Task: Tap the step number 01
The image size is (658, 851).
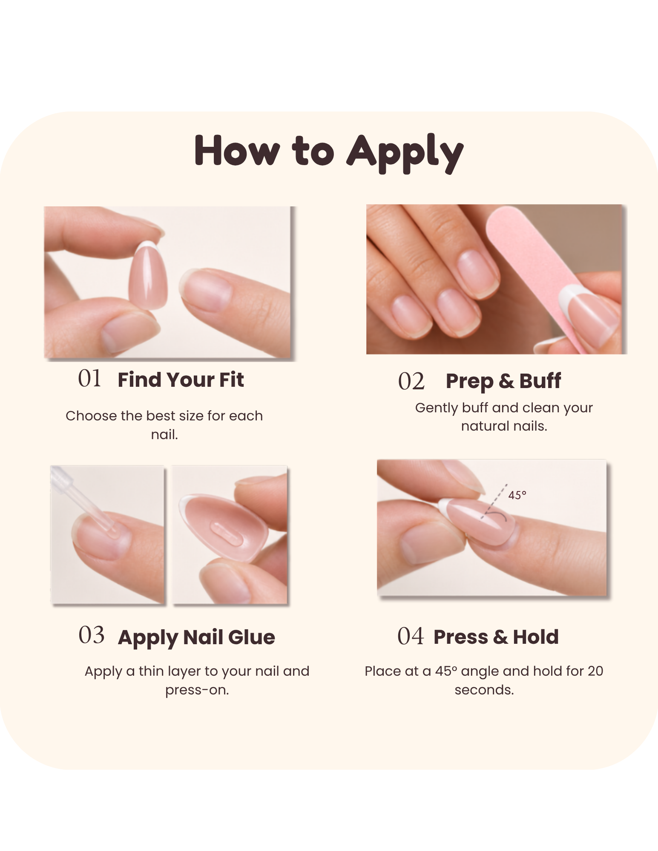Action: coord(89,378)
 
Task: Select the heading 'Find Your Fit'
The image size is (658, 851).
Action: coord(181,380)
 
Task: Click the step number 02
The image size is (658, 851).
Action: coord(411,381)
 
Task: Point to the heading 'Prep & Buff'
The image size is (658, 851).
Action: coord(503,381)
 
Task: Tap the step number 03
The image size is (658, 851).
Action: coord(91,635)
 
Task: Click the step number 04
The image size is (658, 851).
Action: coord(411,636)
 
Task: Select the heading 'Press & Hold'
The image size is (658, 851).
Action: coord(496,637)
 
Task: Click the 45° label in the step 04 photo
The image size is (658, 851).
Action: coord(517,495)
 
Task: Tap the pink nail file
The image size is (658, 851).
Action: coord(541,272)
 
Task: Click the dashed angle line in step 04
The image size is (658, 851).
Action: coord(494,501)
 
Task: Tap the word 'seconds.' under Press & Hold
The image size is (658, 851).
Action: coord(484,690)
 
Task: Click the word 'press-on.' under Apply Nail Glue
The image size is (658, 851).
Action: coord(197,690)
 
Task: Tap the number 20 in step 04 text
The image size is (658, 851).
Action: coord(595,671)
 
